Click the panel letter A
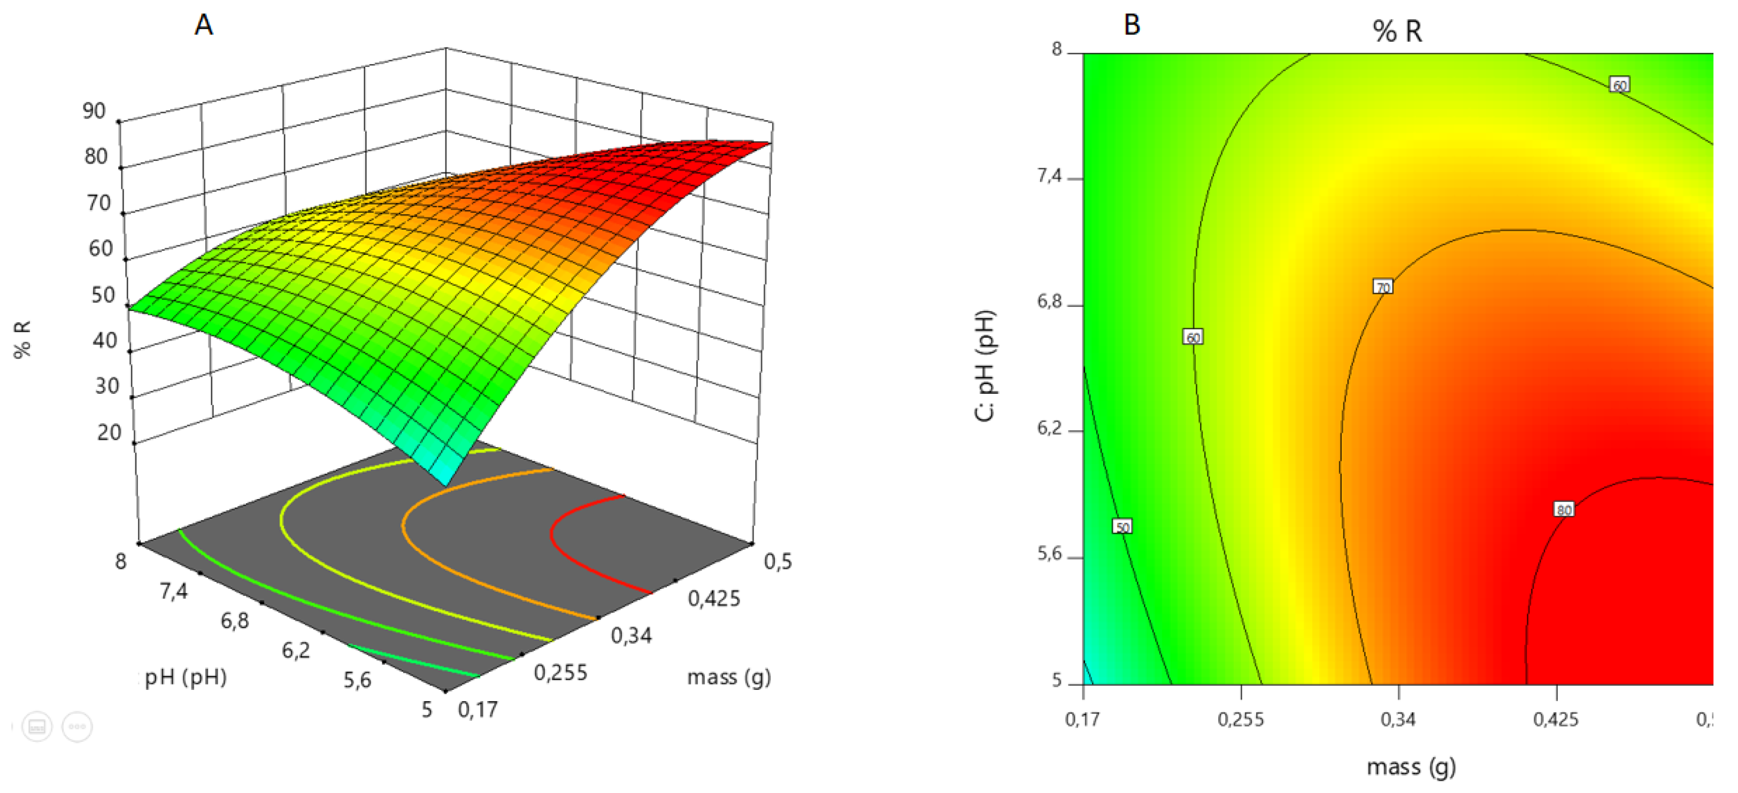(204, 26)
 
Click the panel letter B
(1132, 26)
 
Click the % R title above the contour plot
(1397, 31)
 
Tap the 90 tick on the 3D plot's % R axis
(95, 111)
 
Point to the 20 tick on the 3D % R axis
(109, 432)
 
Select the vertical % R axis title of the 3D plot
(23, 339)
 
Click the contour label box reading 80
(1564, 510)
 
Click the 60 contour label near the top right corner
(1619, 85)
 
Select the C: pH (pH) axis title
(985, 366)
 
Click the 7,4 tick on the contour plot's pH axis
(1049, 177)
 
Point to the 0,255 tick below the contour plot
(1241, 719)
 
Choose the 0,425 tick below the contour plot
(1556, 719)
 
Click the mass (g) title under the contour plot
(1411, 767)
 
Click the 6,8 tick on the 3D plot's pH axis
(234, 620)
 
